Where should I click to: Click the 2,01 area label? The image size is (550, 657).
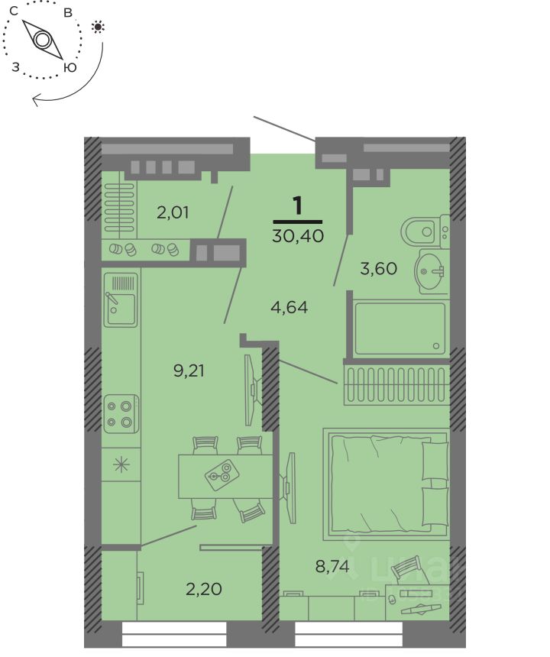(x=173, y=212)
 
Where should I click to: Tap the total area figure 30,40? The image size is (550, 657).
(x=298, y=236)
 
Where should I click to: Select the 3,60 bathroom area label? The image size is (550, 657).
(x=378, y=268)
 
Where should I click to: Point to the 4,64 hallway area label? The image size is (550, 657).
(x=289, y=307)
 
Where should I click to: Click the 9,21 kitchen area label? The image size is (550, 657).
(x=189, y=371)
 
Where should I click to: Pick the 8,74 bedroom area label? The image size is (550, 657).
(x=332, y=567)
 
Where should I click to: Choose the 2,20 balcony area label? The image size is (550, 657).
(x=204, y=589)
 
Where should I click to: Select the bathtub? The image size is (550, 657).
(x=400, y=328)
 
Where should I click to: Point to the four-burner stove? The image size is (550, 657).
(x=121, y=413)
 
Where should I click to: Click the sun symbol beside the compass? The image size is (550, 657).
(x=98, y=28)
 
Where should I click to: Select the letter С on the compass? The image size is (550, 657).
(x=14, y=11)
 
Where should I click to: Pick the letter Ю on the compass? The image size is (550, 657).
(x=70, y=67)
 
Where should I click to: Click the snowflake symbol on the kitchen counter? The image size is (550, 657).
(x=121, y=464)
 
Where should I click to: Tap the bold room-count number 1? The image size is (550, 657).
(x=298, y=206)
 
